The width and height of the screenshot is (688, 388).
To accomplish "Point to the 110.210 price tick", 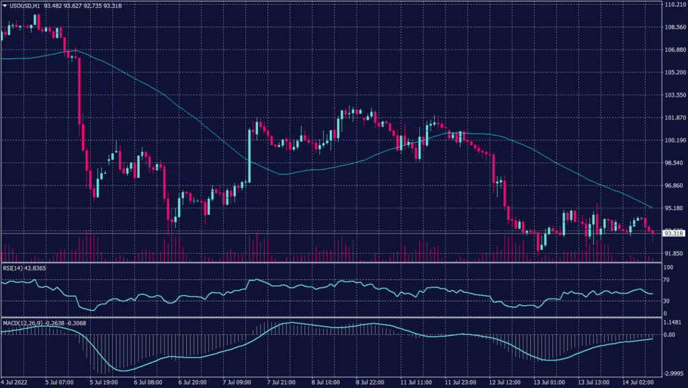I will [673, 5].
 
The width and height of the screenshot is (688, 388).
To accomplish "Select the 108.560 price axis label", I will [673, 28].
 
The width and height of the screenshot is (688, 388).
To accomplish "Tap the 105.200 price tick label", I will [673, 72].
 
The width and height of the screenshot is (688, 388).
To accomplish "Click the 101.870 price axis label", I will [673, 118].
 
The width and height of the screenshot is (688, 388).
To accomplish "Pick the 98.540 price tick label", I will [673, 163].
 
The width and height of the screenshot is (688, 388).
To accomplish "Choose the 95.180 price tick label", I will [673, 208].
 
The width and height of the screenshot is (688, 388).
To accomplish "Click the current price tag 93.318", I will [673, 234].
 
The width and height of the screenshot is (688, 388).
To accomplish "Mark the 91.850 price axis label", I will [673, 253].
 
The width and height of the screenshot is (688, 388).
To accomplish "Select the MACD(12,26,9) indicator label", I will [23, 323].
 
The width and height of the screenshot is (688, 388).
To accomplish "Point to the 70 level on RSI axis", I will [666, 280].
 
